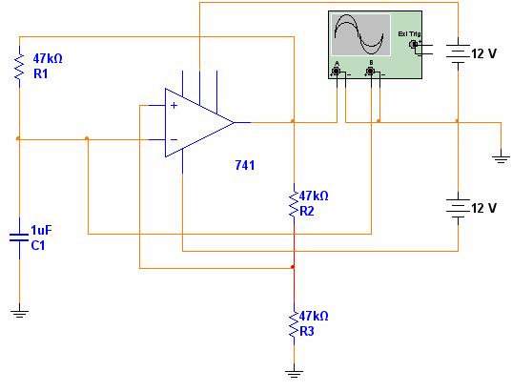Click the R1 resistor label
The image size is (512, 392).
(40, 73)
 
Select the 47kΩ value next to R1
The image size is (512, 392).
(48, 58)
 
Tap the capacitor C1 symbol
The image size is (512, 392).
(19, 237)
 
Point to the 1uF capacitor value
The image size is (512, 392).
(41, 230)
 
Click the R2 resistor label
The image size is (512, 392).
(307, 212)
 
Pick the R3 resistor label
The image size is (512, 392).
(307, 331)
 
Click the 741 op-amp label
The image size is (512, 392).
(245, 165)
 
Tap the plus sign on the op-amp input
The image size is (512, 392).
(174, 105)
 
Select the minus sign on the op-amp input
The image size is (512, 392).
(174, 140)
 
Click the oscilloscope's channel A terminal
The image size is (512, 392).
(336, 71)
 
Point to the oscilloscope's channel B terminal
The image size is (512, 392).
(370, 71)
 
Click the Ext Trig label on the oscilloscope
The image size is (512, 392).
(409, 34)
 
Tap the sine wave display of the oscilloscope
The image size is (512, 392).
(360, 34)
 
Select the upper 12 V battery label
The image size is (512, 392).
(484, 54)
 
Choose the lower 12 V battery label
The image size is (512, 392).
(484, 208)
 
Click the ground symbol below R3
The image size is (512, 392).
(294, 374)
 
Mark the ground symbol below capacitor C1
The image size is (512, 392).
(19, 314)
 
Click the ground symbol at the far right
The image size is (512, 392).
(501, 159)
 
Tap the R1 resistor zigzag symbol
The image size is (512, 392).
(19, 67)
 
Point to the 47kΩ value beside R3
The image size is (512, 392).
(314, 316)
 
